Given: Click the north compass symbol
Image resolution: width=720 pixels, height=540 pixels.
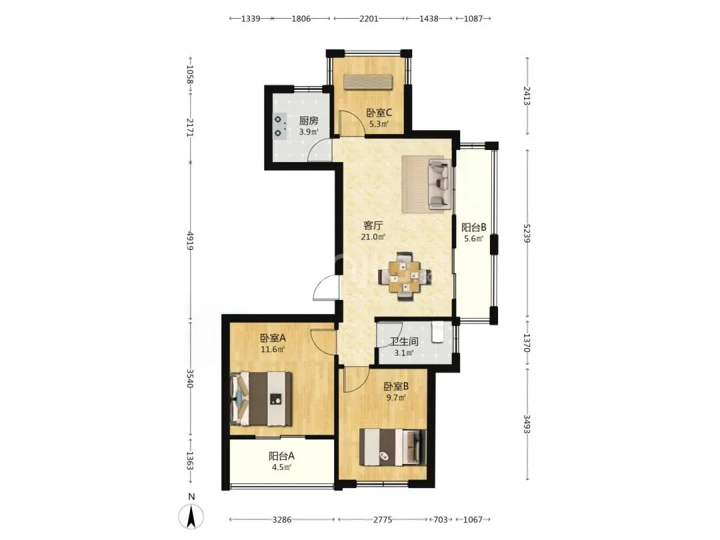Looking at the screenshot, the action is [x=191, y=515].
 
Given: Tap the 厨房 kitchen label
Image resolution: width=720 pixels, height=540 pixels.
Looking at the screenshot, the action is [x=309, y=121].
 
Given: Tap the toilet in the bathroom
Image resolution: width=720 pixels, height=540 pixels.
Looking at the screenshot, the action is [x=437, y=332].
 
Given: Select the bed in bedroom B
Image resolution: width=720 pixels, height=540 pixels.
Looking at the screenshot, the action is [x=393, y=447].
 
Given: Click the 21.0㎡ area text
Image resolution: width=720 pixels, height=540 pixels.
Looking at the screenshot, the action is [x=373, y=237].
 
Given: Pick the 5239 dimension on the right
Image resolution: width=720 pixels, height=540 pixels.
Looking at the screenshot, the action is [x=527, y=233].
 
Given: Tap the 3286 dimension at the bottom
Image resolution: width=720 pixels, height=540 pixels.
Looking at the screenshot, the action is [x=282, y=519].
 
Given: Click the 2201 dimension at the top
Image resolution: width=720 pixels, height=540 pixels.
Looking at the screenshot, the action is [x=369, y=19].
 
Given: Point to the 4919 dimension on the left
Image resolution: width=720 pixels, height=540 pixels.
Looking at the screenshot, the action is [x=189, y=241].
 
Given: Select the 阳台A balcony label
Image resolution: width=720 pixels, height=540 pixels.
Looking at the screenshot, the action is [x=281, y=456].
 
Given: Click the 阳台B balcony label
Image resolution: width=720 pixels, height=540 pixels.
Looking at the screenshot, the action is [x=473, y=227].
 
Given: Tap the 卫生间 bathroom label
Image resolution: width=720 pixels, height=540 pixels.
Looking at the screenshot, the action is [x=404, y=341].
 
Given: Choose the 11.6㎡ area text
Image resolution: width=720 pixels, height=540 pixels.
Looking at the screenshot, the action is [x=273, y=349].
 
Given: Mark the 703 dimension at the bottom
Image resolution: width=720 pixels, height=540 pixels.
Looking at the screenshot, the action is [x=441, y=519].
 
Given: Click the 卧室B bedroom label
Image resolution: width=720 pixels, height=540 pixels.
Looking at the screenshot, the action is [x=396, y=387].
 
